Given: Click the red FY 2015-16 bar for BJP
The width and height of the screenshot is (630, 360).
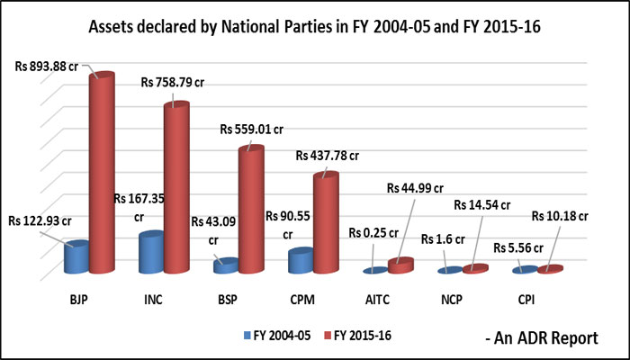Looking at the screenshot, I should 100,171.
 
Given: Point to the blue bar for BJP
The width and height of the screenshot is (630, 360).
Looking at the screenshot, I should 76,258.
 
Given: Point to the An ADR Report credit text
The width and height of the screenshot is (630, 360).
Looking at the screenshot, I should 541,338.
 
